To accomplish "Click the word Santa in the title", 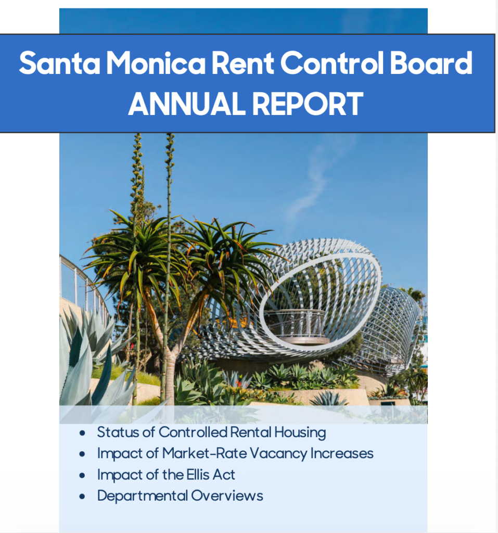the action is tap(60, 63).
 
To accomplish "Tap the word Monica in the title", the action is tap(156, 63).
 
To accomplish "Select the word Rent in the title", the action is tap(242, 63).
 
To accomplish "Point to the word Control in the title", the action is tap(332, 63).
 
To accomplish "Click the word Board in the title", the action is tap(431, 63).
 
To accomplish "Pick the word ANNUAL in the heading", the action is tap(187, 104).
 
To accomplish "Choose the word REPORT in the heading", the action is tap(308, 104).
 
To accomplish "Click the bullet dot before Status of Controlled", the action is tap(82, 433).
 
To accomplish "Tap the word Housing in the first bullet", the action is tap(300, 433).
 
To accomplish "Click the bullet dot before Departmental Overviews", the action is tap(82, 497).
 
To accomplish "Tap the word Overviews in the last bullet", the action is tap(227, 496).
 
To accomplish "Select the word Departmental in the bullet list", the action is tap(143, 496).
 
